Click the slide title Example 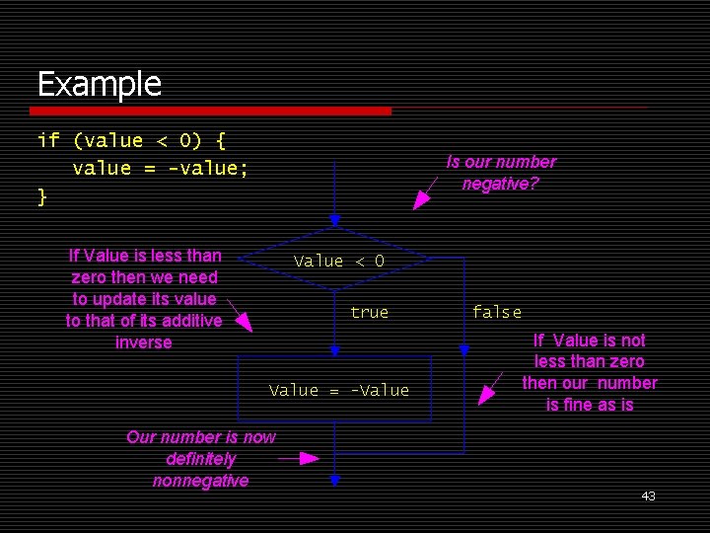tap(99, 84)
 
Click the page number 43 tap(648, 495)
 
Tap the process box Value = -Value tap(338, 391)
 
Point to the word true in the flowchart tap(369, 312)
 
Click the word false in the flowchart tap(496, 312)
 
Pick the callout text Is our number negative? tap(500, 173)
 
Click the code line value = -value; tap(160, 168)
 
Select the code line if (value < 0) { tap(132, 141)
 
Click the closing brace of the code tap(42, 195)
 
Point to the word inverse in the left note tap(143, 343)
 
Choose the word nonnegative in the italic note tap(200, 481)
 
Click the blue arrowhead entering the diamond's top tap(335, 220)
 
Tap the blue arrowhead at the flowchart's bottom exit tap(335, 481)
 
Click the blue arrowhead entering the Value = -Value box tap(335, 350)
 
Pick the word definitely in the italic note tap(200, 459)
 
